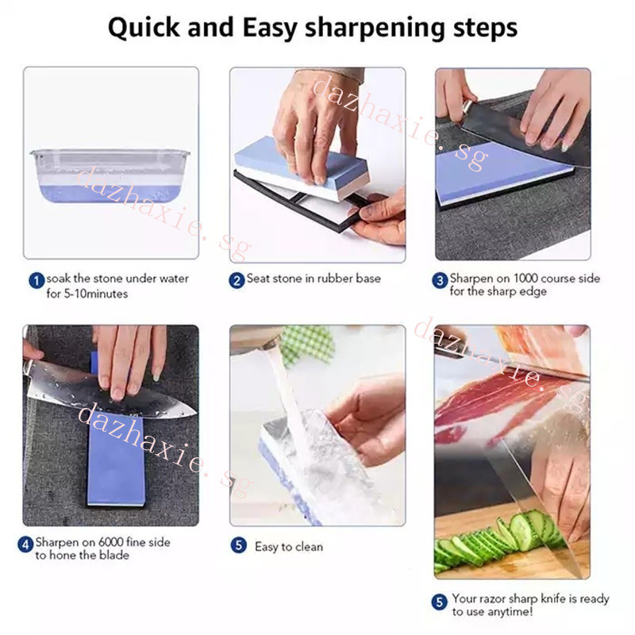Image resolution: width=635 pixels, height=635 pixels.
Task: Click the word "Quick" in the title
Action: (144, 29)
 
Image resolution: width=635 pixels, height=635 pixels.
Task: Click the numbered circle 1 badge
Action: (37, 280)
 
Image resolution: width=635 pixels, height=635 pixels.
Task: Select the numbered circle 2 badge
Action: (237, 280)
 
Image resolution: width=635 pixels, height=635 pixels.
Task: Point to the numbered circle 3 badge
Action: (440, 280)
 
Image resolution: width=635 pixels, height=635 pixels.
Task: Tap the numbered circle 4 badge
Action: (25, 545)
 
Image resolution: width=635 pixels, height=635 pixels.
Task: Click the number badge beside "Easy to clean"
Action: (239, 545)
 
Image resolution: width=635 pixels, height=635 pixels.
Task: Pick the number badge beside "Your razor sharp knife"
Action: (440, 602)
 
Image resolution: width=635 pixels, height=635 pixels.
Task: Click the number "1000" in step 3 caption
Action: (525, 279)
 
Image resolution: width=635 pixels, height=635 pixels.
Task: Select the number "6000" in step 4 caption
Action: (110, 542)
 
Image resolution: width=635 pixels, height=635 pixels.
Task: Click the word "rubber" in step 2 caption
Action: (334, 279)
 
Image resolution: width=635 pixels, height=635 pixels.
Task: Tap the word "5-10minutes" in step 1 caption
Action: (95, 293)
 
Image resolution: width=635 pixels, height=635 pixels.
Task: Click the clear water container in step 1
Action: (110, 175)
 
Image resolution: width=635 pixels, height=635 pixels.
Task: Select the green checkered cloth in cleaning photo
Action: (308, 344)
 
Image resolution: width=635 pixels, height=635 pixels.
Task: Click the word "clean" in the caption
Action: (309, 547)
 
